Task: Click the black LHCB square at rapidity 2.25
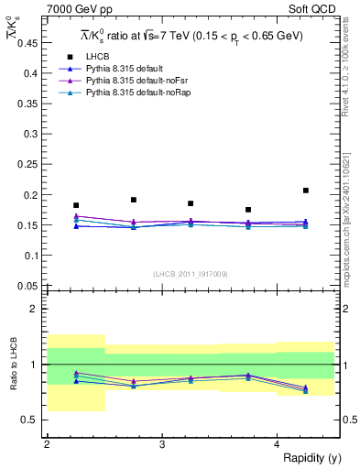point(76,205)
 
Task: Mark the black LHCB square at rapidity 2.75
point(134,200)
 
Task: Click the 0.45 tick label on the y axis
point(30,44)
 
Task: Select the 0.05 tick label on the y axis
point(30,285)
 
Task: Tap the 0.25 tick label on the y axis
point(30,165)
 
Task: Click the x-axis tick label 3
point(162,444)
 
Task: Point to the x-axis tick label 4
point(277,444)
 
